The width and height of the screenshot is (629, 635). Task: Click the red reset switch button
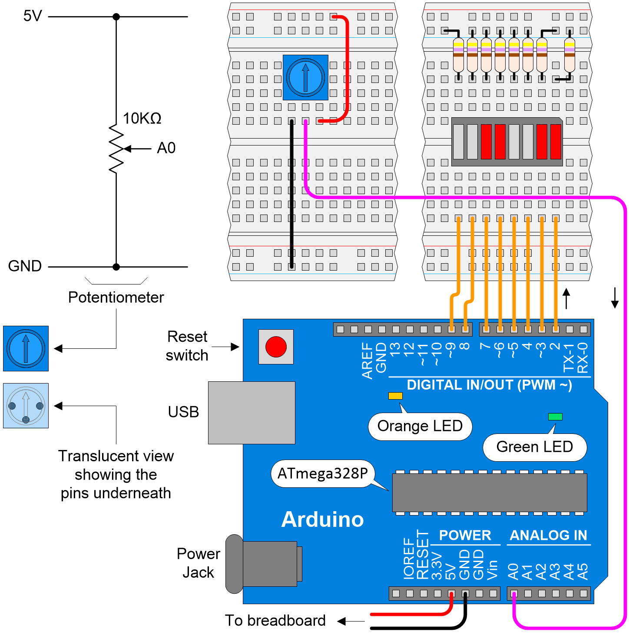click(x=276, y=347)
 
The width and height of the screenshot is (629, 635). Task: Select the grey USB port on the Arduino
click(x=252, y=413)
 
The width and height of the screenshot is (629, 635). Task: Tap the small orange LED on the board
click(x=395, y=396)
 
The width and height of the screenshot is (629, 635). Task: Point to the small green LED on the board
click(x=555, y=417)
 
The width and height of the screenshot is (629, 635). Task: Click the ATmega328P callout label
click(x=323, y=473)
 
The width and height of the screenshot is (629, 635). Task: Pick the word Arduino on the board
click(x=322, y=519)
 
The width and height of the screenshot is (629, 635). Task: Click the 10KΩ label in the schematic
click(x=142, y=118)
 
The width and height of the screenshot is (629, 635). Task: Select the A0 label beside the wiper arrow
click(x=166, y=148)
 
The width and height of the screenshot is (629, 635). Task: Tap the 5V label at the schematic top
click(x=33, y=16)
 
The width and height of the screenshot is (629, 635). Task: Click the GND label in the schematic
click(x=25, y=266)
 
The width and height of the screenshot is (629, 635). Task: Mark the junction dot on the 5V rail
click(x=116, y=17)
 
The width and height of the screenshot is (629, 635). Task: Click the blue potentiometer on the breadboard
click(x=305, y=78)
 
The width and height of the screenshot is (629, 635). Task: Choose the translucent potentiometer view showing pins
click(x=26, y=406)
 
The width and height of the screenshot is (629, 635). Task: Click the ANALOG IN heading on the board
click(x=548, y=535)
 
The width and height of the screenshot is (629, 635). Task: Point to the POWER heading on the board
click(x=465, y=535)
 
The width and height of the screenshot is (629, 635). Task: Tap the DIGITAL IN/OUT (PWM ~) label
click(x=489, y=385)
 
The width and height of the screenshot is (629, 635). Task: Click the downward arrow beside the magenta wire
click(x=615, y=298)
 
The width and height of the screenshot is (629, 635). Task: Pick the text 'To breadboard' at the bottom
click(x=275, y=620)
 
